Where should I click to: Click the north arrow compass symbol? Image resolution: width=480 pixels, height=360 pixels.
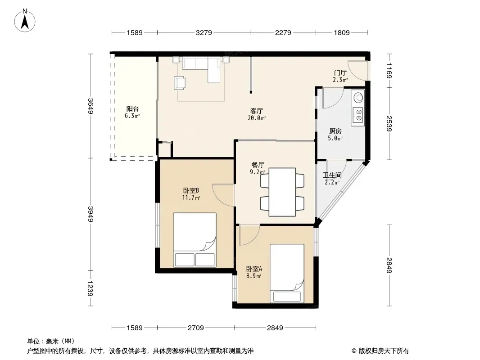(25, 21)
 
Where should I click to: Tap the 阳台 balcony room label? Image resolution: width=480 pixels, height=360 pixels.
(132, 108)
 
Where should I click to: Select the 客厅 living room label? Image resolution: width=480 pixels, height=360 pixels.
(257, 111)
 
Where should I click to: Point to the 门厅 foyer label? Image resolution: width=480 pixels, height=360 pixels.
(340, 73)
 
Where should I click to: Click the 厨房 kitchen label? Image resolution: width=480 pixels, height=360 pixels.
(335, 131)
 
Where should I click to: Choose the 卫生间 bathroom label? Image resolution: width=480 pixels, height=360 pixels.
(332, 175)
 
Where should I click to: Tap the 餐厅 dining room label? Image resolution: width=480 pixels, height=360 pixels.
(258, 165)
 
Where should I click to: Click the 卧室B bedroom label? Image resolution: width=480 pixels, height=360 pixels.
(191, 190)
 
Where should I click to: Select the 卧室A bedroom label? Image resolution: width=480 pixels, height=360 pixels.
(254, 269)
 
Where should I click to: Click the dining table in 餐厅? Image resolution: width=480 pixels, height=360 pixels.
(282, 192)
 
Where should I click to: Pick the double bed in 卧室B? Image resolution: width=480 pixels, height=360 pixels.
(195, 240)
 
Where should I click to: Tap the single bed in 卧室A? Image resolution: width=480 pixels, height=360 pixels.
(287, 274)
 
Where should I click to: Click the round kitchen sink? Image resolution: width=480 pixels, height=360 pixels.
(358, 98)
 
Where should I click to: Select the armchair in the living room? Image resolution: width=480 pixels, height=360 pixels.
(179, 83)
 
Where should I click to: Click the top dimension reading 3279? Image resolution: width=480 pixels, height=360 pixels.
(204, 32)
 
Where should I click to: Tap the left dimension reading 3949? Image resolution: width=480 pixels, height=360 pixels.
(91, 214)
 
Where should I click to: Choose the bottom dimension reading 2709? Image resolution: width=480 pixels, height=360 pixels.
(195, 328)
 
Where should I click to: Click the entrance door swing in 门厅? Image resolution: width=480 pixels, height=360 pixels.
(358, 71)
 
